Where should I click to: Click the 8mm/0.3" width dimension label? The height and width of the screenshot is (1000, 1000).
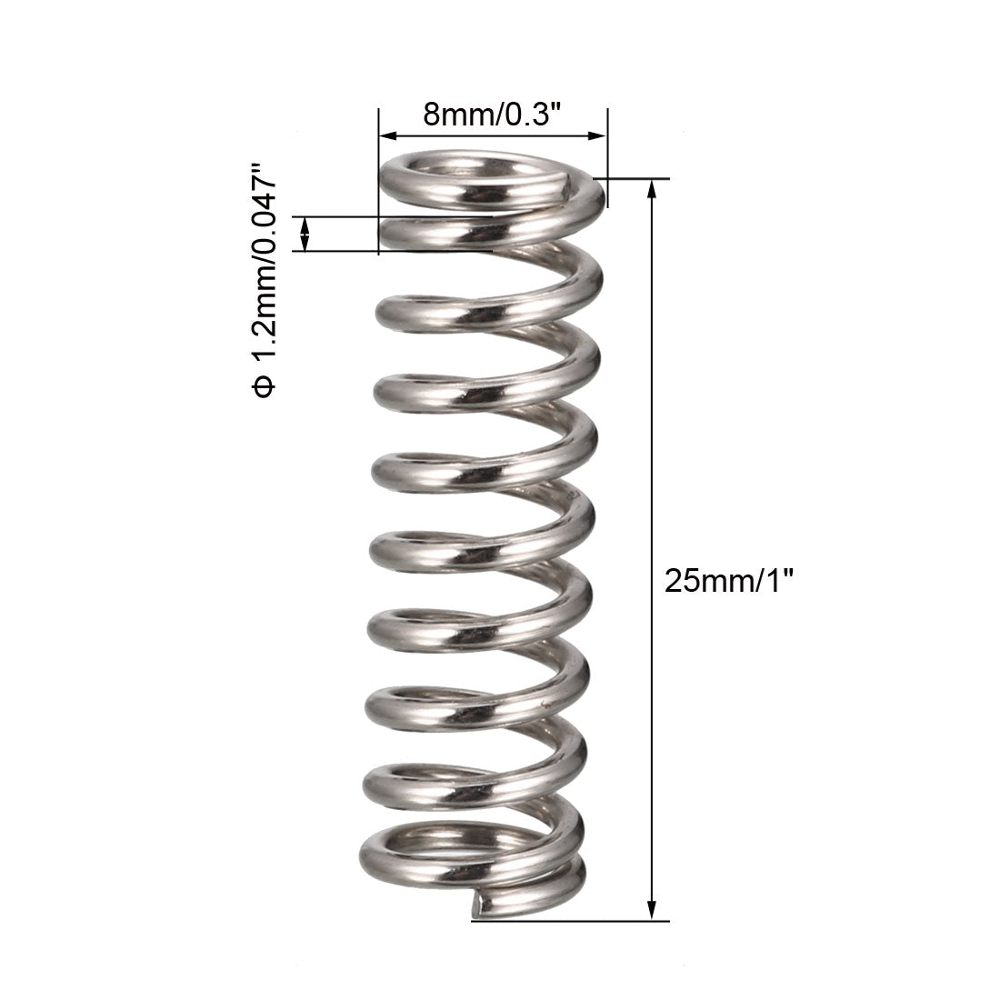492,115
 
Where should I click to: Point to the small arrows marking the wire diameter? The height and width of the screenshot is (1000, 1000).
305,234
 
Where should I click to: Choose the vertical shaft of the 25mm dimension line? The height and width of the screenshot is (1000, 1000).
651,455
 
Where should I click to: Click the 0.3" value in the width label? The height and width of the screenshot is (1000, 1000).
531,115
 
